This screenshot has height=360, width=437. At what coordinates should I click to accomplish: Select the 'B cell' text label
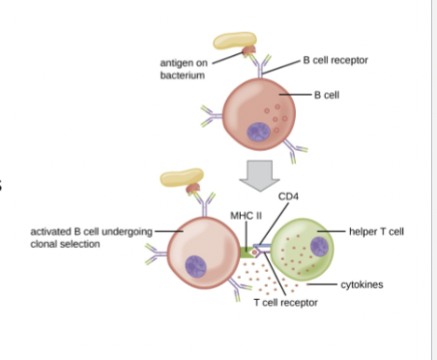(x=328, y=95)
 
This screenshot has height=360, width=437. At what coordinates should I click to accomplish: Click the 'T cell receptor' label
(x=285, y=303)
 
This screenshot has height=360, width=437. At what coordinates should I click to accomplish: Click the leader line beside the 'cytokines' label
(x=324, y=285)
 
